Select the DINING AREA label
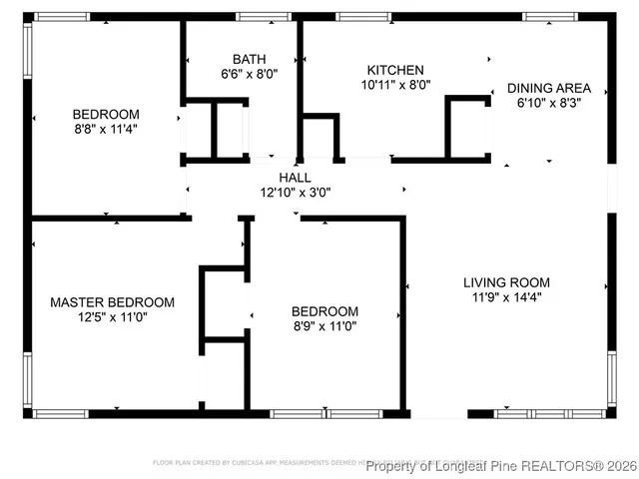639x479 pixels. point(549,88)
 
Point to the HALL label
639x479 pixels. point(295,177)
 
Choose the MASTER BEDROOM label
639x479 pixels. point(113,302)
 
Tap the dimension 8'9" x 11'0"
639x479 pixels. point(324,325)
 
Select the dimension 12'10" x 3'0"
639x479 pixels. point(295,192)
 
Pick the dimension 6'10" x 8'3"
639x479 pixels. point(549,103)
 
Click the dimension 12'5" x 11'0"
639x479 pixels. point(113,317)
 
